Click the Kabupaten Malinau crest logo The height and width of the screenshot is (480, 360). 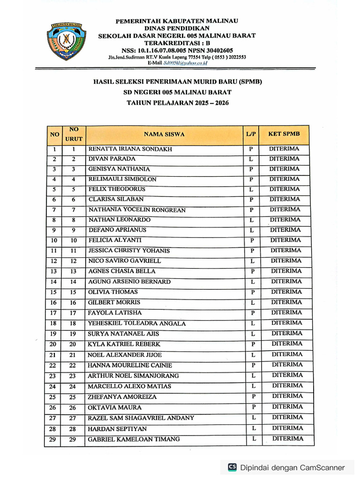[66, 42]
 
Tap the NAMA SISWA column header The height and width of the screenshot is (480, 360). [164, 134]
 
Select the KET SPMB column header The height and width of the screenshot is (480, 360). [284, 134]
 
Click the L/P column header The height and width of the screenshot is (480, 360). [251, 134]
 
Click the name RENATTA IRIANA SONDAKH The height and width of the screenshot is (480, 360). [130, 149]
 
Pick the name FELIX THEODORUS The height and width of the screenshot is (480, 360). [117, 189]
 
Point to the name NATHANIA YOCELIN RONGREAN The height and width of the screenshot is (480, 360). [137, 210]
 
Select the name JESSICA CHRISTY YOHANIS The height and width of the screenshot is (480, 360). [129, 251]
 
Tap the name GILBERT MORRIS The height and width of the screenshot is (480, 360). [113, 303]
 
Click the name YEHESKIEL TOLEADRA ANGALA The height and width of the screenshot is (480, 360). [137, 323]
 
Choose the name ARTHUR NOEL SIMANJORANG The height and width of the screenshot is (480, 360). [133, 376]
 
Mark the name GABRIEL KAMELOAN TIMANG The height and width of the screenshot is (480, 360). [134, 439]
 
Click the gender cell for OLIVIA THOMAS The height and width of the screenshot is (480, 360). [252, 292]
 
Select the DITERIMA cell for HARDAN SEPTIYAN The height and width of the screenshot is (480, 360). [288, 428]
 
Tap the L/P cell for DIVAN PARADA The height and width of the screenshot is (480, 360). [251, 159]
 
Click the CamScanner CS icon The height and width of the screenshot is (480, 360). [232, 467]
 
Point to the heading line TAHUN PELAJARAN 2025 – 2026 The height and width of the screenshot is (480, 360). [178, 103]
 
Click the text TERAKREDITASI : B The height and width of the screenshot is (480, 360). [177, 43]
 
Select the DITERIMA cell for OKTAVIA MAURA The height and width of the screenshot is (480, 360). [287, 407]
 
